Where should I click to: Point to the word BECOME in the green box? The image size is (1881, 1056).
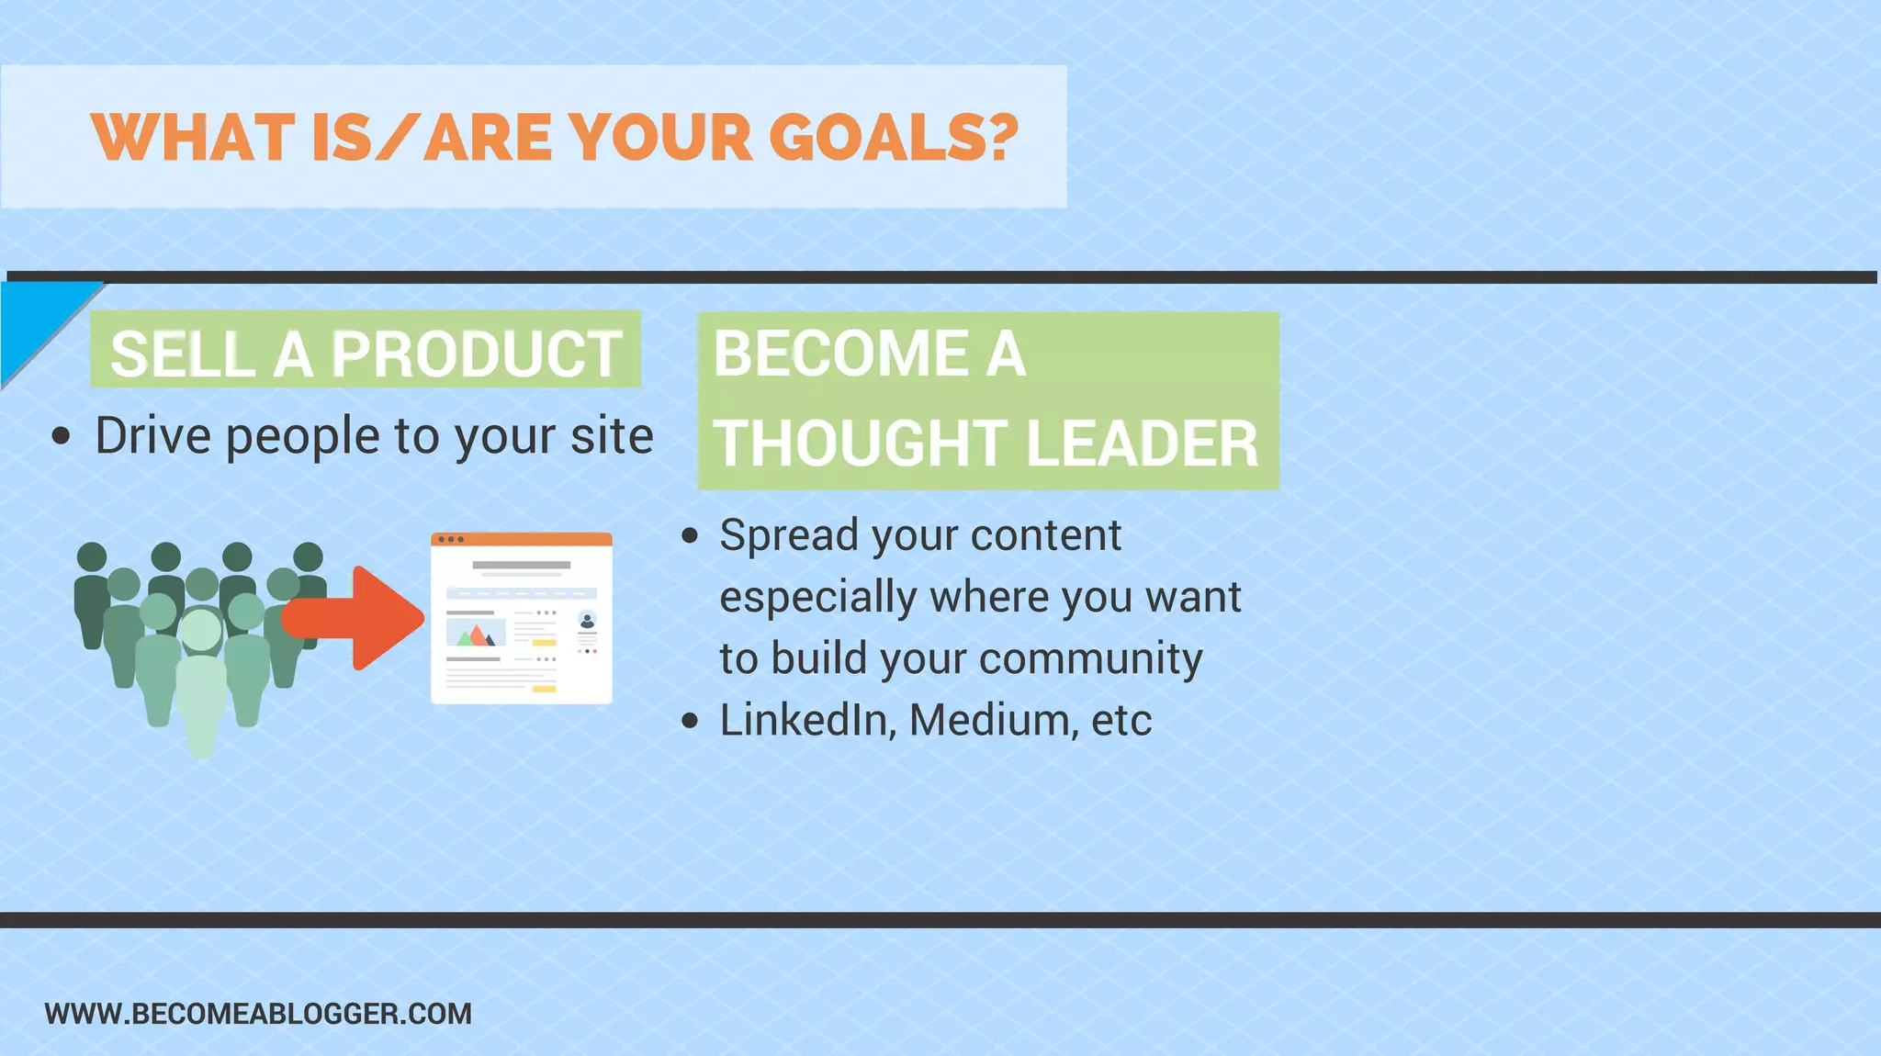(840, 354)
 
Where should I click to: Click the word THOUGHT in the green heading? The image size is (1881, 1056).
(860, 444)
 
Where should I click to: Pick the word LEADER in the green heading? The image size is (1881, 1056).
(1141, 444)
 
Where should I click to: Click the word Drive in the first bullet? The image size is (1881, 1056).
(152, 435)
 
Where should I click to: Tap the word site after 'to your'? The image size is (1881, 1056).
(612, 435)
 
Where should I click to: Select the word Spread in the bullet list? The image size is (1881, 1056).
(791, 535)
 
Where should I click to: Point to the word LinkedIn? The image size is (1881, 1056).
(804, 720)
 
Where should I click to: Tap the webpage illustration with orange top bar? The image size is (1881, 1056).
(521, 618)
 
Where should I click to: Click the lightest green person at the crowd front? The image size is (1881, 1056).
(200, 680)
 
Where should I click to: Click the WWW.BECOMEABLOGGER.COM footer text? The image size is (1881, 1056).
(258, 1014)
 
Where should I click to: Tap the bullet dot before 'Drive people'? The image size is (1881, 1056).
(61, 437)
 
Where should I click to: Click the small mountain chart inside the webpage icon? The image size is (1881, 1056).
(475, 634)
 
